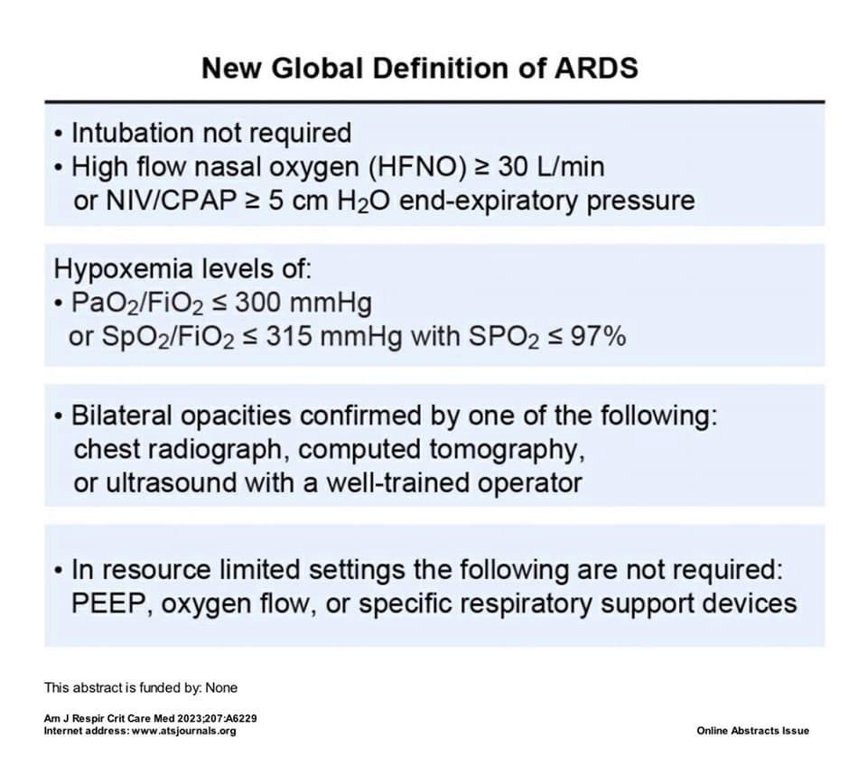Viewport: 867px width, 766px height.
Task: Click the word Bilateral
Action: point(126,416)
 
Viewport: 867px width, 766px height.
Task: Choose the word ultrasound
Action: point(166,482)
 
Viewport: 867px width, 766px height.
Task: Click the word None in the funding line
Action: point(221,687)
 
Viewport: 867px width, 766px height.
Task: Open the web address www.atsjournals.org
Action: point(184,730)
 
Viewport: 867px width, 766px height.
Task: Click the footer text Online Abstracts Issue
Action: point(752,730)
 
